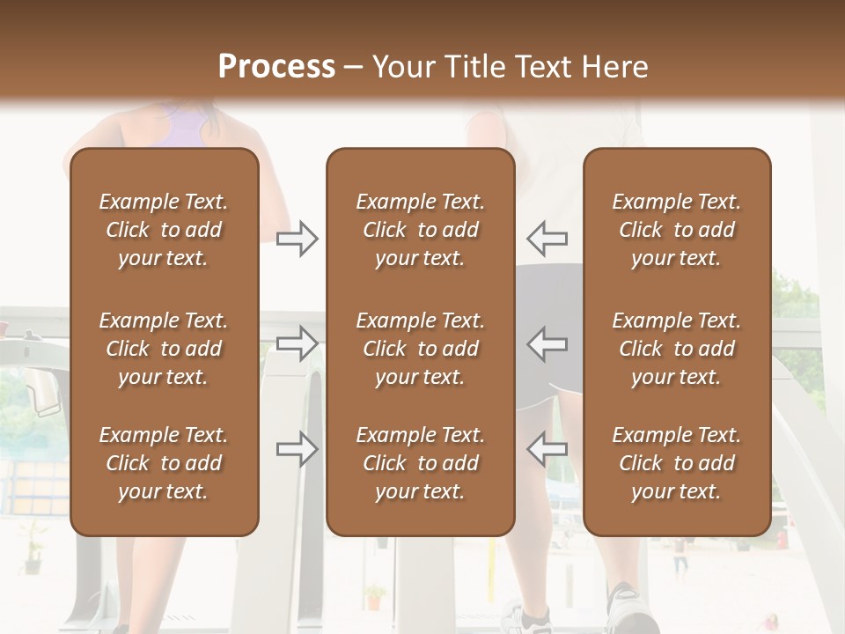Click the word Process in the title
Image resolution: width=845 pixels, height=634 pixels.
click(x=276, y=67)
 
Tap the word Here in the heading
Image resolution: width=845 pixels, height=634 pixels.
click(x=612, y=67)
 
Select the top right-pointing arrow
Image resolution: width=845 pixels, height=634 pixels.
click(x=298, y=239)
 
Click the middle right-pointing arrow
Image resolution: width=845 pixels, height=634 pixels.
click(x=298, y=343)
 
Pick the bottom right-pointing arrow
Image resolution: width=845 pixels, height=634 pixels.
click(x=298, y=449)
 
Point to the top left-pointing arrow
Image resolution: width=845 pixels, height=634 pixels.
click(x=547, y=239)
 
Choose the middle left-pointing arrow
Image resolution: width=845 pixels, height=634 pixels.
click(x=547, y=343)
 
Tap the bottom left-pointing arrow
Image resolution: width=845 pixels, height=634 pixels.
click(x=547, y=449)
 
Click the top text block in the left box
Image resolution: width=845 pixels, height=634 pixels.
click(x=164, y=230)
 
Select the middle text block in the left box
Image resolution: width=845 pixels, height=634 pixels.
click(x=164, y=349)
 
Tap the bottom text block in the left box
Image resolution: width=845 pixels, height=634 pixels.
click(x=164, y=463)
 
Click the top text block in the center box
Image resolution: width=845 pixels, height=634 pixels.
click(x=420, y=230)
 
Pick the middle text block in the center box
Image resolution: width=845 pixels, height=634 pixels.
click(x=420, y=349)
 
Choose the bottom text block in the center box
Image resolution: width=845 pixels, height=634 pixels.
click(x=420, y=463)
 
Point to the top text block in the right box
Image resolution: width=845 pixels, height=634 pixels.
click(x=676, y=230)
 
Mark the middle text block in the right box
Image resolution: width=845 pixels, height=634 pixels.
click(x=676, y=349)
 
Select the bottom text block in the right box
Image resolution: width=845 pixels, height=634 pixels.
click(x=676, y=463)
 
